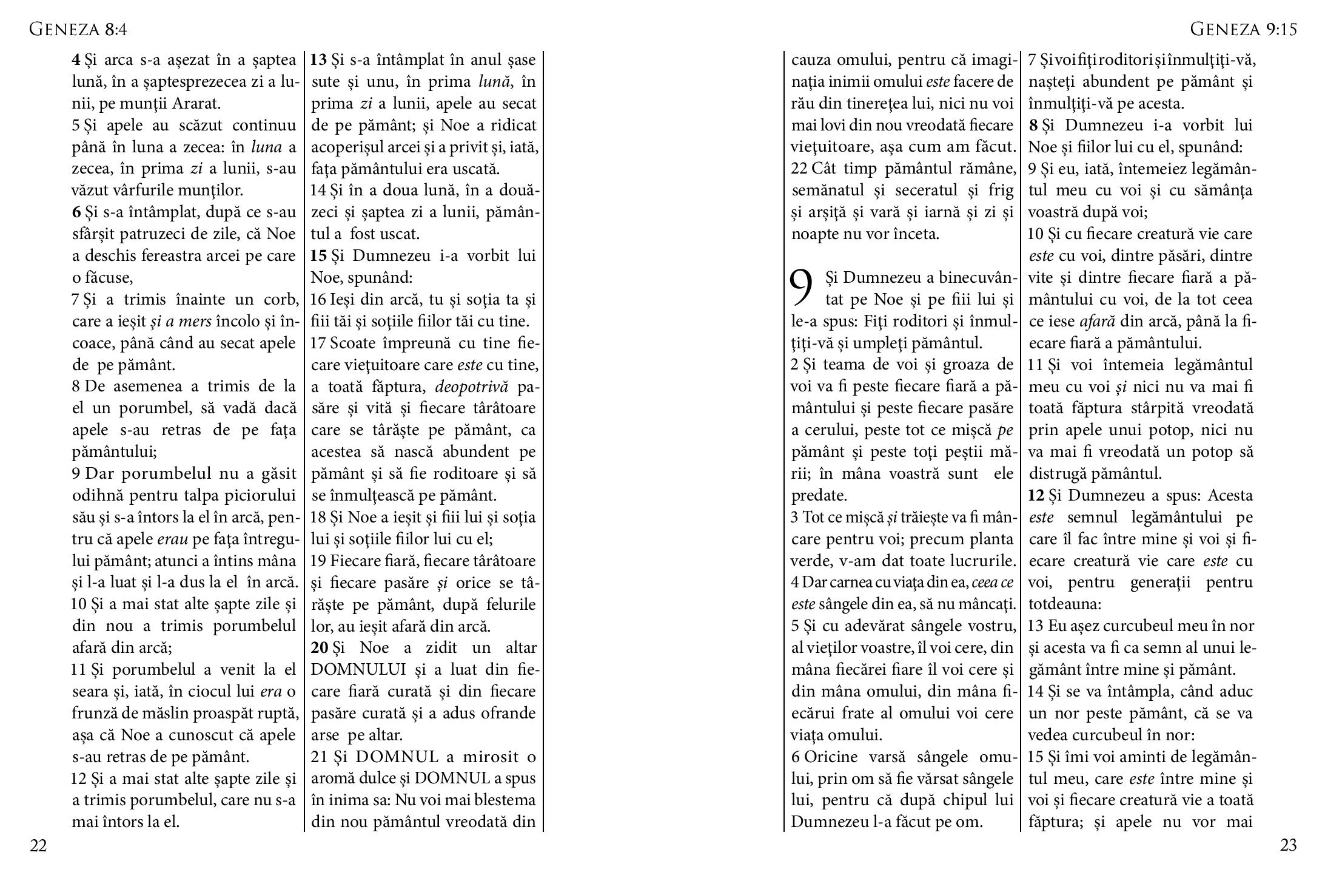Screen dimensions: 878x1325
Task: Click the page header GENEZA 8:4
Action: point(78,29)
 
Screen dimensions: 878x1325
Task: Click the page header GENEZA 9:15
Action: point(1243,29)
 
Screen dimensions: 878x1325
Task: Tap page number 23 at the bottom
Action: point(1288,845)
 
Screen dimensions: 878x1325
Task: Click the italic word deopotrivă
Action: point(472,387)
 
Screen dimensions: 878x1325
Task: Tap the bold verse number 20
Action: point(319,648)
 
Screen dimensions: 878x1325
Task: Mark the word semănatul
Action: point(828,191)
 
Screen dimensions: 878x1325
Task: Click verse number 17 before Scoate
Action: point(318,343)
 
